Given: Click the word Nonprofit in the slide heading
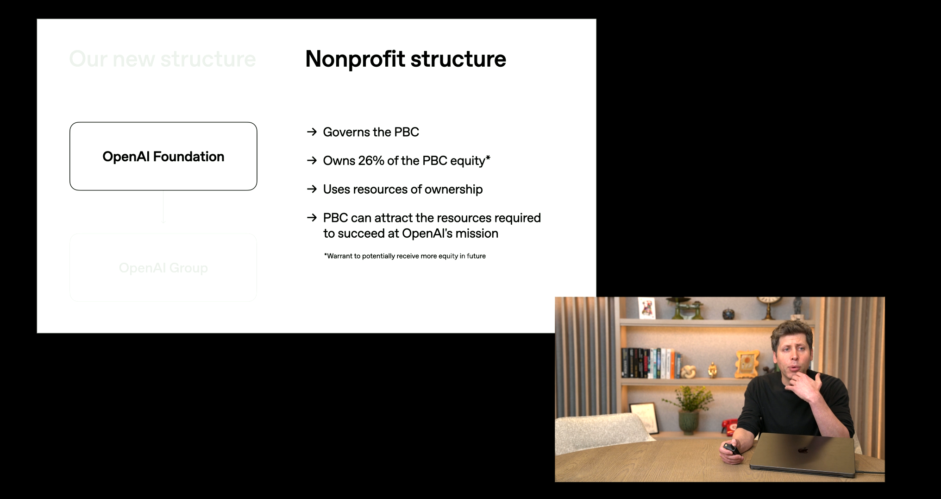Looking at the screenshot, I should pos(354,59).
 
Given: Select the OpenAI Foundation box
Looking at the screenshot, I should pos(163,156).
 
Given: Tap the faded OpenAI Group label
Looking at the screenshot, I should pos(163,268).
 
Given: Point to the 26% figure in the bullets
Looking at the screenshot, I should pos(370,161).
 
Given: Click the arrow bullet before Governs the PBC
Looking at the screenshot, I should pos(312,132).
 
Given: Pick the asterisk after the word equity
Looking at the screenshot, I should pos(488,158).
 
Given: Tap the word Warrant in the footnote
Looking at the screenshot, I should pos(339,256).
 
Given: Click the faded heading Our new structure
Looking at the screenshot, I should pos(162,59).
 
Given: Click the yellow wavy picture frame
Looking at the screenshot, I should pos(747,363).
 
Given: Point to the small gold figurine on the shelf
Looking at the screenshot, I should pos(712,370).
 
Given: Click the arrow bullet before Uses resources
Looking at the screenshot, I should pos(312,189).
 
